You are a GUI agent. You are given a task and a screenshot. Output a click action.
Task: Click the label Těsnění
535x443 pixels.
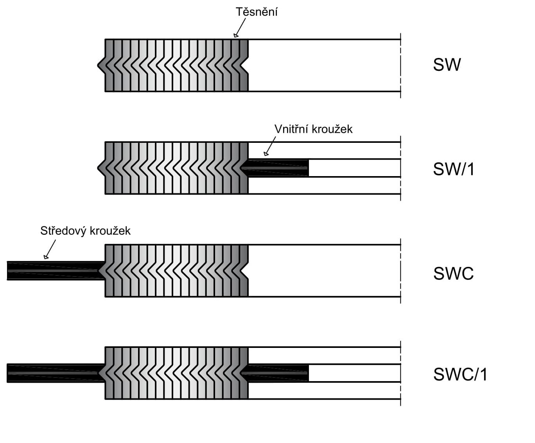pyautogui.click(x=257, y=12)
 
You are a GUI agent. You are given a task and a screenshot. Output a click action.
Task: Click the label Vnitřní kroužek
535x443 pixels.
pyautogui.click(x=313, y=129)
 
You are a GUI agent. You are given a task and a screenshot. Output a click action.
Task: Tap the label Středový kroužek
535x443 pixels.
pyautogui.click(x=85, y=231)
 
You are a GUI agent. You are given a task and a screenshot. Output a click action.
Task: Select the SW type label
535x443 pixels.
pyautogui.click(x=447, y=65)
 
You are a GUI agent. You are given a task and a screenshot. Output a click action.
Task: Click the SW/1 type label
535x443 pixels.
pyautogui.click(x=454, y=169)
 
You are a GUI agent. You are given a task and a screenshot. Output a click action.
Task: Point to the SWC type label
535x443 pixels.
pyautogui.click(x=453, y=274)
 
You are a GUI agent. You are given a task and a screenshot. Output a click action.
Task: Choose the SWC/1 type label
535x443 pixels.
pyautogui.click(x=460, y=375)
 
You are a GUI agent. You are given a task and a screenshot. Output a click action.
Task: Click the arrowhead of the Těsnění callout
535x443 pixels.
pyautogui.click(x=236, y=36)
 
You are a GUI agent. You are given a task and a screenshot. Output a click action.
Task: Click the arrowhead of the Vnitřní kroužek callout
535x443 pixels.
pyautogui.click(x=266, y=153)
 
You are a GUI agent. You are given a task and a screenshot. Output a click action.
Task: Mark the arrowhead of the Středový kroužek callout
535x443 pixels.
pyautogui.click(x=46, y=257)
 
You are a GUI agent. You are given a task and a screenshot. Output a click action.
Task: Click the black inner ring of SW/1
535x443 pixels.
pyautogui.click(x=278, y=168)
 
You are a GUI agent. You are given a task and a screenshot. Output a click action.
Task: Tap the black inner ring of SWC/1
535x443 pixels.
pyautogui.click(x=278, y=373)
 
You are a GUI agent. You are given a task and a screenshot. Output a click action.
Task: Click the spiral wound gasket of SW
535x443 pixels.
pyautogui.click(x=176, y=65)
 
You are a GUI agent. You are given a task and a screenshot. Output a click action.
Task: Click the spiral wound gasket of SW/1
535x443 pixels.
pyautogui.click(x=176, y=168)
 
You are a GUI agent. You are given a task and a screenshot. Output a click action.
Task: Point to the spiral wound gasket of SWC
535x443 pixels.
pyautogui.click(x=176, y=270)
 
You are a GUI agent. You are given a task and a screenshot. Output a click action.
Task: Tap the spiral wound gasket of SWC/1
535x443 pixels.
pyautogui.click(x=176, y=373)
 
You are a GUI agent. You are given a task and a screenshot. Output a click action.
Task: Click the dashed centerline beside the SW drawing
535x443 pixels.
pyautogui.click(x=400, y=65)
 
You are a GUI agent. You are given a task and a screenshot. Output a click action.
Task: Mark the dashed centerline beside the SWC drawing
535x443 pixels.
pyautogui.click(x=400, y=270)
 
